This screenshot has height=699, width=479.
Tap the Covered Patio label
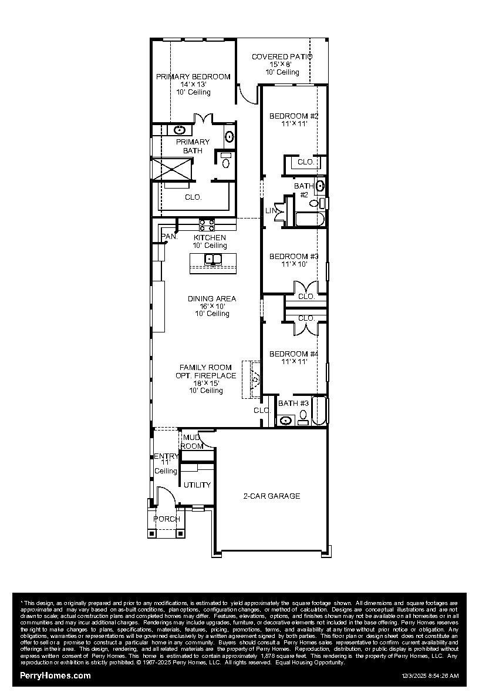tap(282, 57)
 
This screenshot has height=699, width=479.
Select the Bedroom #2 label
tap(294, 116)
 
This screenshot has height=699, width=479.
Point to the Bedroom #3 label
tap(294, 257)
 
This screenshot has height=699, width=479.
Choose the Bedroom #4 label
tap(294, 354)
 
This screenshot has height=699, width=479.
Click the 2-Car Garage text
tap(272, 496)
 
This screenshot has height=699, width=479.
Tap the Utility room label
tap(197, 485)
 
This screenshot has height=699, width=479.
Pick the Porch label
tap(167, 519)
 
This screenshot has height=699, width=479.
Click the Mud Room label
tap(192, 442)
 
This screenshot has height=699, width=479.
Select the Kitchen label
tap(210, 238)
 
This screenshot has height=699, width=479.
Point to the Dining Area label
tap(212, 299)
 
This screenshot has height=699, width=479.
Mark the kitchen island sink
tap(212, 259)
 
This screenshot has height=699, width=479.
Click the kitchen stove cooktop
tap(207, 224)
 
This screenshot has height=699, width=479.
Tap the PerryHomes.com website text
tap(56, 676)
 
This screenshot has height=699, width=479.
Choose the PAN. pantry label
tap(169, 237)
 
